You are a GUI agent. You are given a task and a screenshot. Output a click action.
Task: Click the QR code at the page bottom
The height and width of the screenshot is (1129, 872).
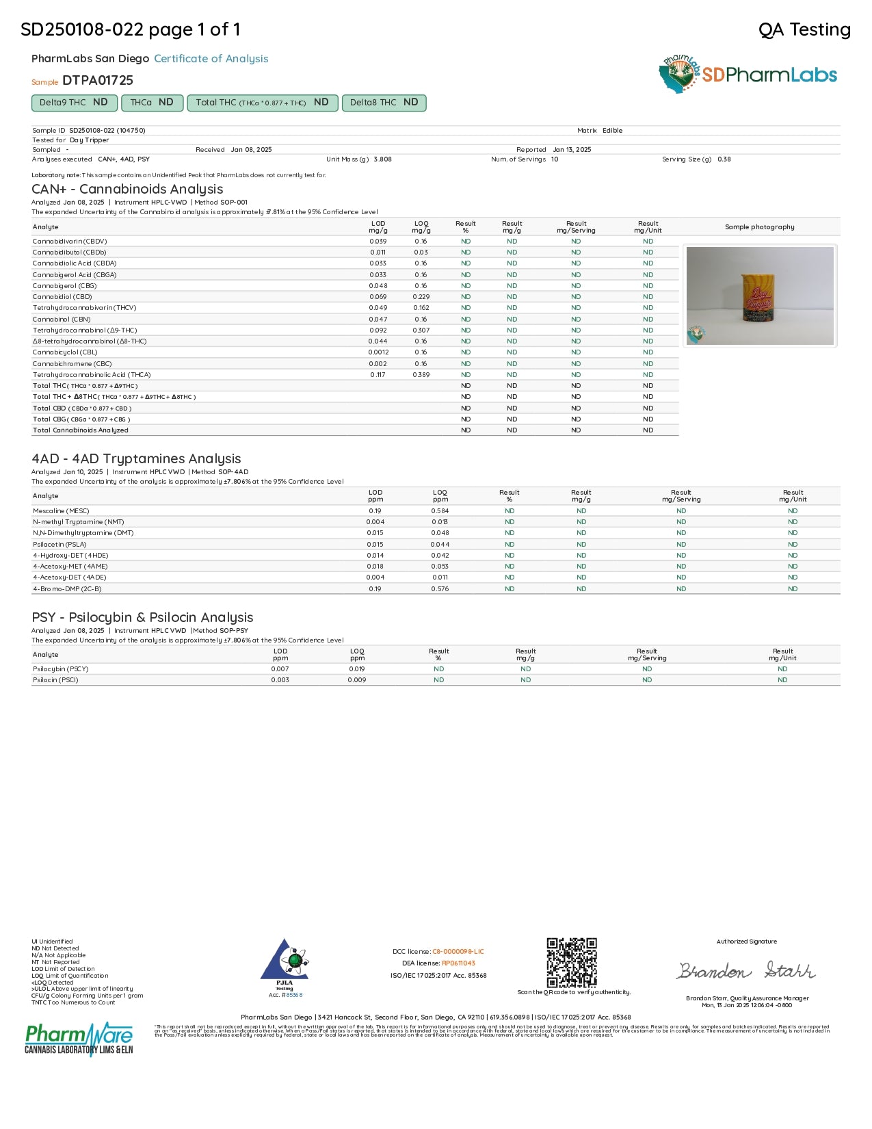572,962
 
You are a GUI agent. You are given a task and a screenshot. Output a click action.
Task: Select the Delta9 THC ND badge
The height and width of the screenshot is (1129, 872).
74,103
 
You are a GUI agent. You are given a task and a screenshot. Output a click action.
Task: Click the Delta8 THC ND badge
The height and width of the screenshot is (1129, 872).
384,103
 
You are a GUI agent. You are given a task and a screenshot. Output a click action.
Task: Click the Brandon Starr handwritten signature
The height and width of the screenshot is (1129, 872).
746,970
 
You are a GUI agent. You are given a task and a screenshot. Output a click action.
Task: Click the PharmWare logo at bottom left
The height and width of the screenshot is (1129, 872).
79,1039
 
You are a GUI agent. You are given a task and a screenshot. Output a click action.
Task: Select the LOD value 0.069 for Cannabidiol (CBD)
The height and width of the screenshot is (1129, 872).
378,297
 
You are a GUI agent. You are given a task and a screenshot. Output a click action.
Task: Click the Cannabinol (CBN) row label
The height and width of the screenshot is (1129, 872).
62,320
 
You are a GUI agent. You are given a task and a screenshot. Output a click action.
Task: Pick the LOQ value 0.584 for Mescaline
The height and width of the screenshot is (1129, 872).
440,511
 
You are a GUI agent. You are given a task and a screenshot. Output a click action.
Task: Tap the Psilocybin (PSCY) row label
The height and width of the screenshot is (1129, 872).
61,669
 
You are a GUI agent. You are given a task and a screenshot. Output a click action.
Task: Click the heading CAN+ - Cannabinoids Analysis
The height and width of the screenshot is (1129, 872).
127,190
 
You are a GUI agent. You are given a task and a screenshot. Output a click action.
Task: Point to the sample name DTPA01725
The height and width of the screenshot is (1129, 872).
98,81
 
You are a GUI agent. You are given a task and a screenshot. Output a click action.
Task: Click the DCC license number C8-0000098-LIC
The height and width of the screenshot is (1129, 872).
458,952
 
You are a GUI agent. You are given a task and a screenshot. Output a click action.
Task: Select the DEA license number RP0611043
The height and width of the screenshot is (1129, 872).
458,963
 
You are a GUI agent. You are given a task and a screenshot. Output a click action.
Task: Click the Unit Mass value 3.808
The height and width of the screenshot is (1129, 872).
382,159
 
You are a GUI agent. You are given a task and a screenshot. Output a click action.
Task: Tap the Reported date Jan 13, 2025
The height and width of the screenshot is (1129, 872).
572,150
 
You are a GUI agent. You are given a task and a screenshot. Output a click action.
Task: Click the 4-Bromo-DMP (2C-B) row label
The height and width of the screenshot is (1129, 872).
67,589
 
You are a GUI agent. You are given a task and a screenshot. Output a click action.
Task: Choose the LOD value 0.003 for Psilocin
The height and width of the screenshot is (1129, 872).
280,680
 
